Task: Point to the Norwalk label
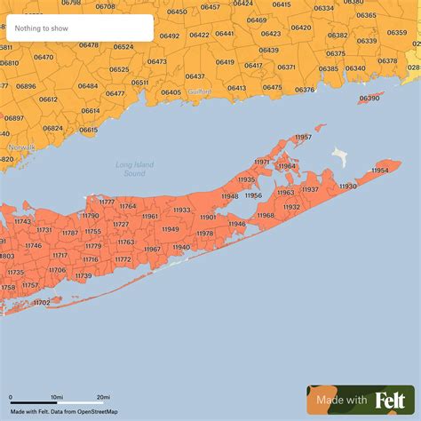tap(21, 147)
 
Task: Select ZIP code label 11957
tap(303, 137)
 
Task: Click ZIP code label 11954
tap(380, 170)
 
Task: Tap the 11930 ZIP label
tap(348, 187)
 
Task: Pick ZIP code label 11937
tap(310, 189)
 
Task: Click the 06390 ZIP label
tap(369, 98)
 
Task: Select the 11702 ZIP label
tap(42, 303)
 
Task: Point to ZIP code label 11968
tap(266, 215)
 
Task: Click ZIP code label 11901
tap(208, 217)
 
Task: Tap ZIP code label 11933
tap(181, 210)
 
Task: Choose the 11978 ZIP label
tap(205, 233)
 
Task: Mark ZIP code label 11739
tap(83, 275)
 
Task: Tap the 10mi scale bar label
tap(56, 397)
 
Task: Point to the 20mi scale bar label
tap(103, 397)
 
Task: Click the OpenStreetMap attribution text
tap(98, 412)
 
